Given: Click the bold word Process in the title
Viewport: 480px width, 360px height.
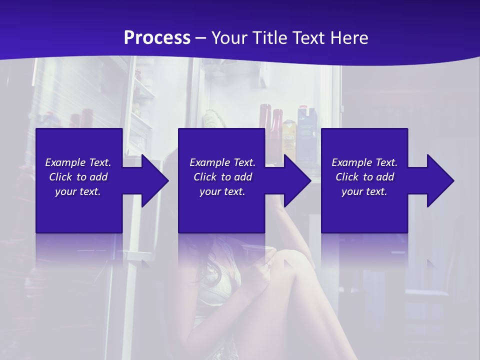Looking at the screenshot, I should [x=157, y=37].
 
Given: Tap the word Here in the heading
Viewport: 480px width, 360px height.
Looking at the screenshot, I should [x=348, y=37].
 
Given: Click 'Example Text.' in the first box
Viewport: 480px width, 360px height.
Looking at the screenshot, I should [x=78, y=162].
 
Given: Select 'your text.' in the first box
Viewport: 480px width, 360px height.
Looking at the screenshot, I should [x=78, y=191].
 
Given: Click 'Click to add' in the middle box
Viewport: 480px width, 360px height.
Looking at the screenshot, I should [x=222, y=177].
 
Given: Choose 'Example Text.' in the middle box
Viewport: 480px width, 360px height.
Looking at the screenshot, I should [x=222, y=162].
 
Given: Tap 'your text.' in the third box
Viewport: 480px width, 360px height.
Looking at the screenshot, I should [x=364, y=191].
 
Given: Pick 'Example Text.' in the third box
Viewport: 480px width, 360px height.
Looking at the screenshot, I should [x=364, y=162].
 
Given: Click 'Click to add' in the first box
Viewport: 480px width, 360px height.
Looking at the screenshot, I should [x=78, y=177].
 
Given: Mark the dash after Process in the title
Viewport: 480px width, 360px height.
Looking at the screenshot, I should [x=201, y=38].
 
